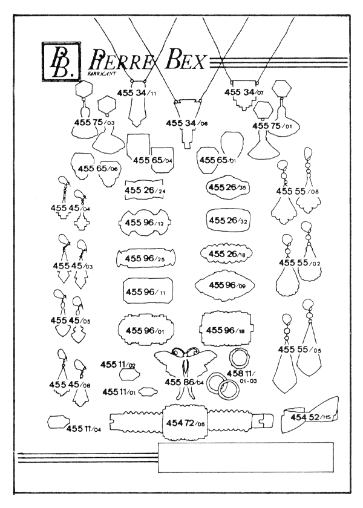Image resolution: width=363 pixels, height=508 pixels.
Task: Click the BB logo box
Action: pos(59,61)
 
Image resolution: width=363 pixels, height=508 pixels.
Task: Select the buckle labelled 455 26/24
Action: pos(145,190)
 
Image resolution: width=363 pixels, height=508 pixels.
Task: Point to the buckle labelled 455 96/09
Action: pos(225,285)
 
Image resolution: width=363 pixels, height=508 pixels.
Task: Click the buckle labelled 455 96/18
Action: pos(226,330)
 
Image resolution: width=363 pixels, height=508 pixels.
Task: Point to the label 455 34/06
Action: pos(187,123)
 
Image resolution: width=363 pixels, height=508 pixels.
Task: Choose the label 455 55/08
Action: pos(297,191)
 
